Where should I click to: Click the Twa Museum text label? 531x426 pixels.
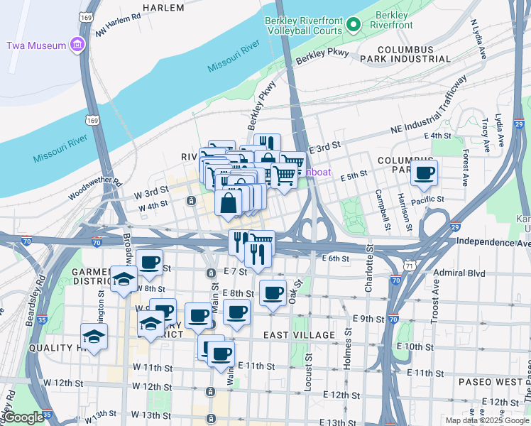pos(36,45)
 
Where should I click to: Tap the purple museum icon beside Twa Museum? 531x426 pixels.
pos(77,45)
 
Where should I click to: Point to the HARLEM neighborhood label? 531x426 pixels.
pos(163,8)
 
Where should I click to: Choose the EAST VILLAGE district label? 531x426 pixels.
pos(298,334)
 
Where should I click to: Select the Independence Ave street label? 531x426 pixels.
pos(493,242)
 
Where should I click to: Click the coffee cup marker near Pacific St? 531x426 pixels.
pos(424,173)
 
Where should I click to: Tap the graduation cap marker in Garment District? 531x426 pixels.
pos(124,278)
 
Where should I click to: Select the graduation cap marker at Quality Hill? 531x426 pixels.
pos(94,337)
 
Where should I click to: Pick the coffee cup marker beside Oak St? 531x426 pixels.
pos(273,293)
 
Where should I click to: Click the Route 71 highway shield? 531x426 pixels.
pos(411,265)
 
